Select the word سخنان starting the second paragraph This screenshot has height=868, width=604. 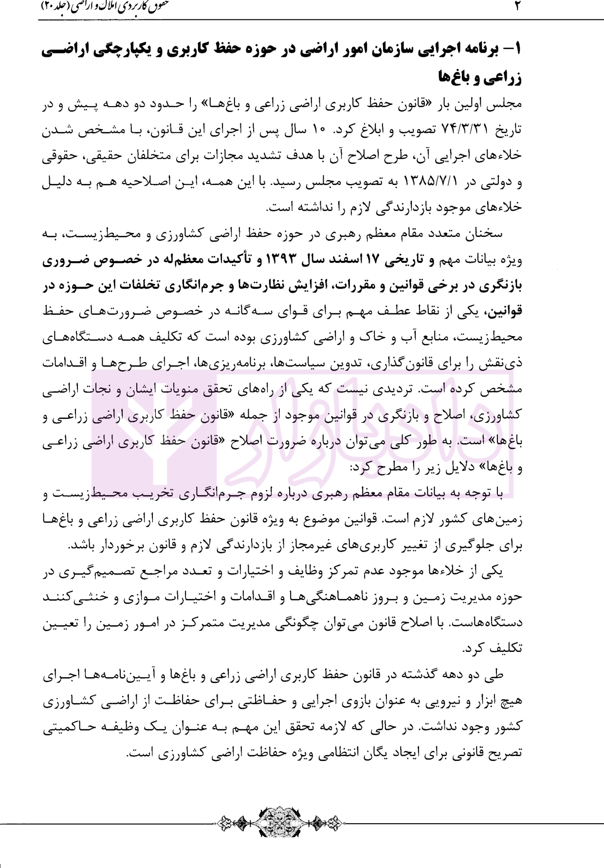click(484, 234)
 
